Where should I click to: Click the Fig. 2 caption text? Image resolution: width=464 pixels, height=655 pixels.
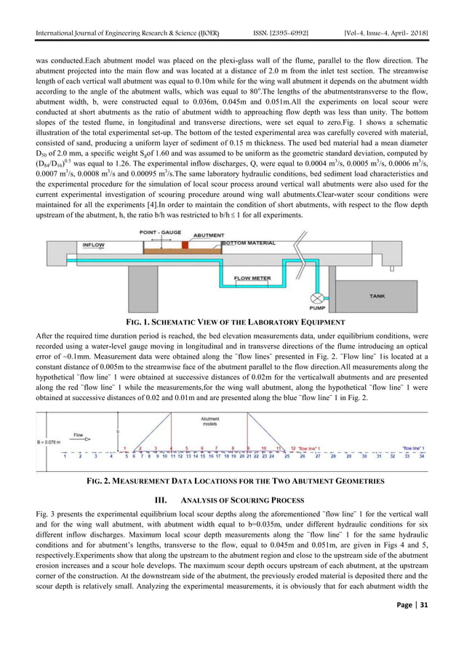(231, 481)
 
